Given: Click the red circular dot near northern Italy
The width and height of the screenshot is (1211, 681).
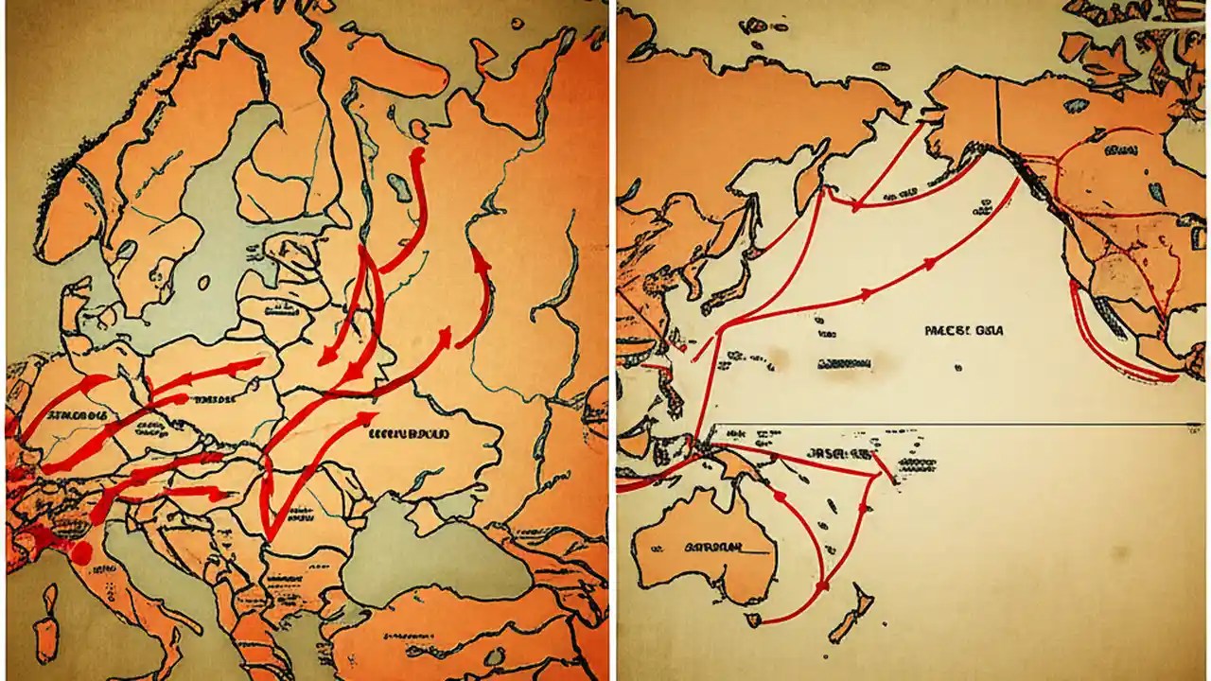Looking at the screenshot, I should [82, 551].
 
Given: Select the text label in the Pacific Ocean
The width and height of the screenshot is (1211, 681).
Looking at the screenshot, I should [963, 331].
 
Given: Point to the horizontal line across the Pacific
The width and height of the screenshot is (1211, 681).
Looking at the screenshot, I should [946, 425].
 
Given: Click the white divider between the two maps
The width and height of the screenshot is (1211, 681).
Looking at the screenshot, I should [612, 340].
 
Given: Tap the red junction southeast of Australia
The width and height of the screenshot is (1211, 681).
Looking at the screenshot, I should [821, 587].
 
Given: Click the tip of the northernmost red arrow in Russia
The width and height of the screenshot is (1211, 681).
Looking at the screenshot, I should [416, 151].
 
